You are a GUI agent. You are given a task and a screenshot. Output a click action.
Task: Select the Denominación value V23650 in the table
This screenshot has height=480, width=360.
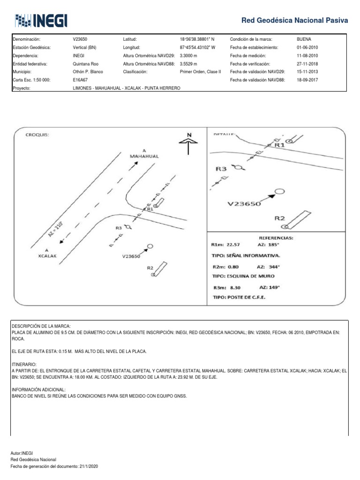coord(80,39)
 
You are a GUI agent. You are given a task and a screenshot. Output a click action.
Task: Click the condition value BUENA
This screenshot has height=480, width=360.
coord(304,39)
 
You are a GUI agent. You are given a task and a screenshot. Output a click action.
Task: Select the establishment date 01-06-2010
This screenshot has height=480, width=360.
coord(308,47)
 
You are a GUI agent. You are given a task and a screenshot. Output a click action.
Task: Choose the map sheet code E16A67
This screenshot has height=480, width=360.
coord(81,80)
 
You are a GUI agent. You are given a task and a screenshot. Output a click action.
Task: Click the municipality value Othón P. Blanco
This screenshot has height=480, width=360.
coord(88,72)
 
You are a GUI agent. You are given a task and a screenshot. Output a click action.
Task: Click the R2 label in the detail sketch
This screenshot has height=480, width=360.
coord(280,218)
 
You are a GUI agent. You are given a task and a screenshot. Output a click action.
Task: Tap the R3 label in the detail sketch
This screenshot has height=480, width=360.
coord(221,168)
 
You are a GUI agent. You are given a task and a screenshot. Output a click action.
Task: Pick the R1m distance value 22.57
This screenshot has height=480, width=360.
coord(233,244)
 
